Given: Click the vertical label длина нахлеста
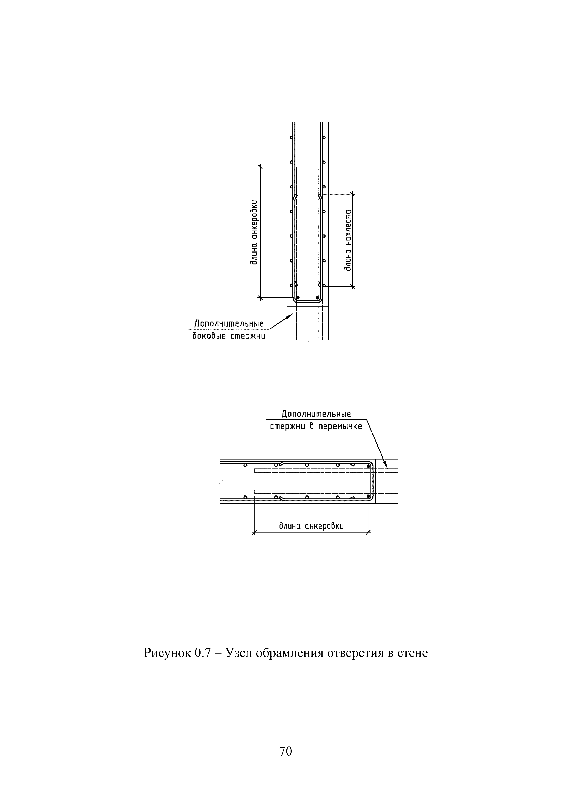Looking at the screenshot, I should tap(348, 240).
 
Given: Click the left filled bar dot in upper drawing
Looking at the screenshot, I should tap(298, 297).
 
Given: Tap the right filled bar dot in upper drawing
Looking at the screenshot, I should tap(317, 297).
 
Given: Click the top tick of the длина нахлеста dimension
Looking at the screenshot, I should tap(353, 193).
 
